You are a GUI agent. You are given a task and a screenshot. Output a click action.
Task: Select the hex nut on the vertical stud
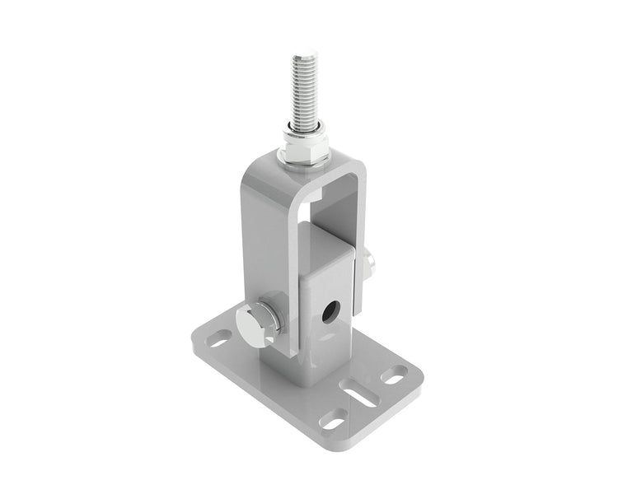click(x=306, y=151)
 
